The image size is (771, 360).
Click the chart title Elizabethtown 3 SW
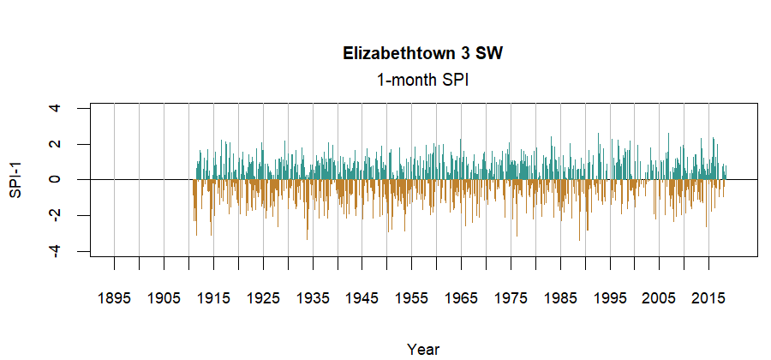pyautogui.click(x=423, y=54)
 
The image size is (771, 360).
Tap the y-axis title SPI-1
pyautogui.click(x=15, y=179)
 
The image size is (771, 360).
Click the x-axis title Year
pyautogui.click(x=423, y=349)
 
